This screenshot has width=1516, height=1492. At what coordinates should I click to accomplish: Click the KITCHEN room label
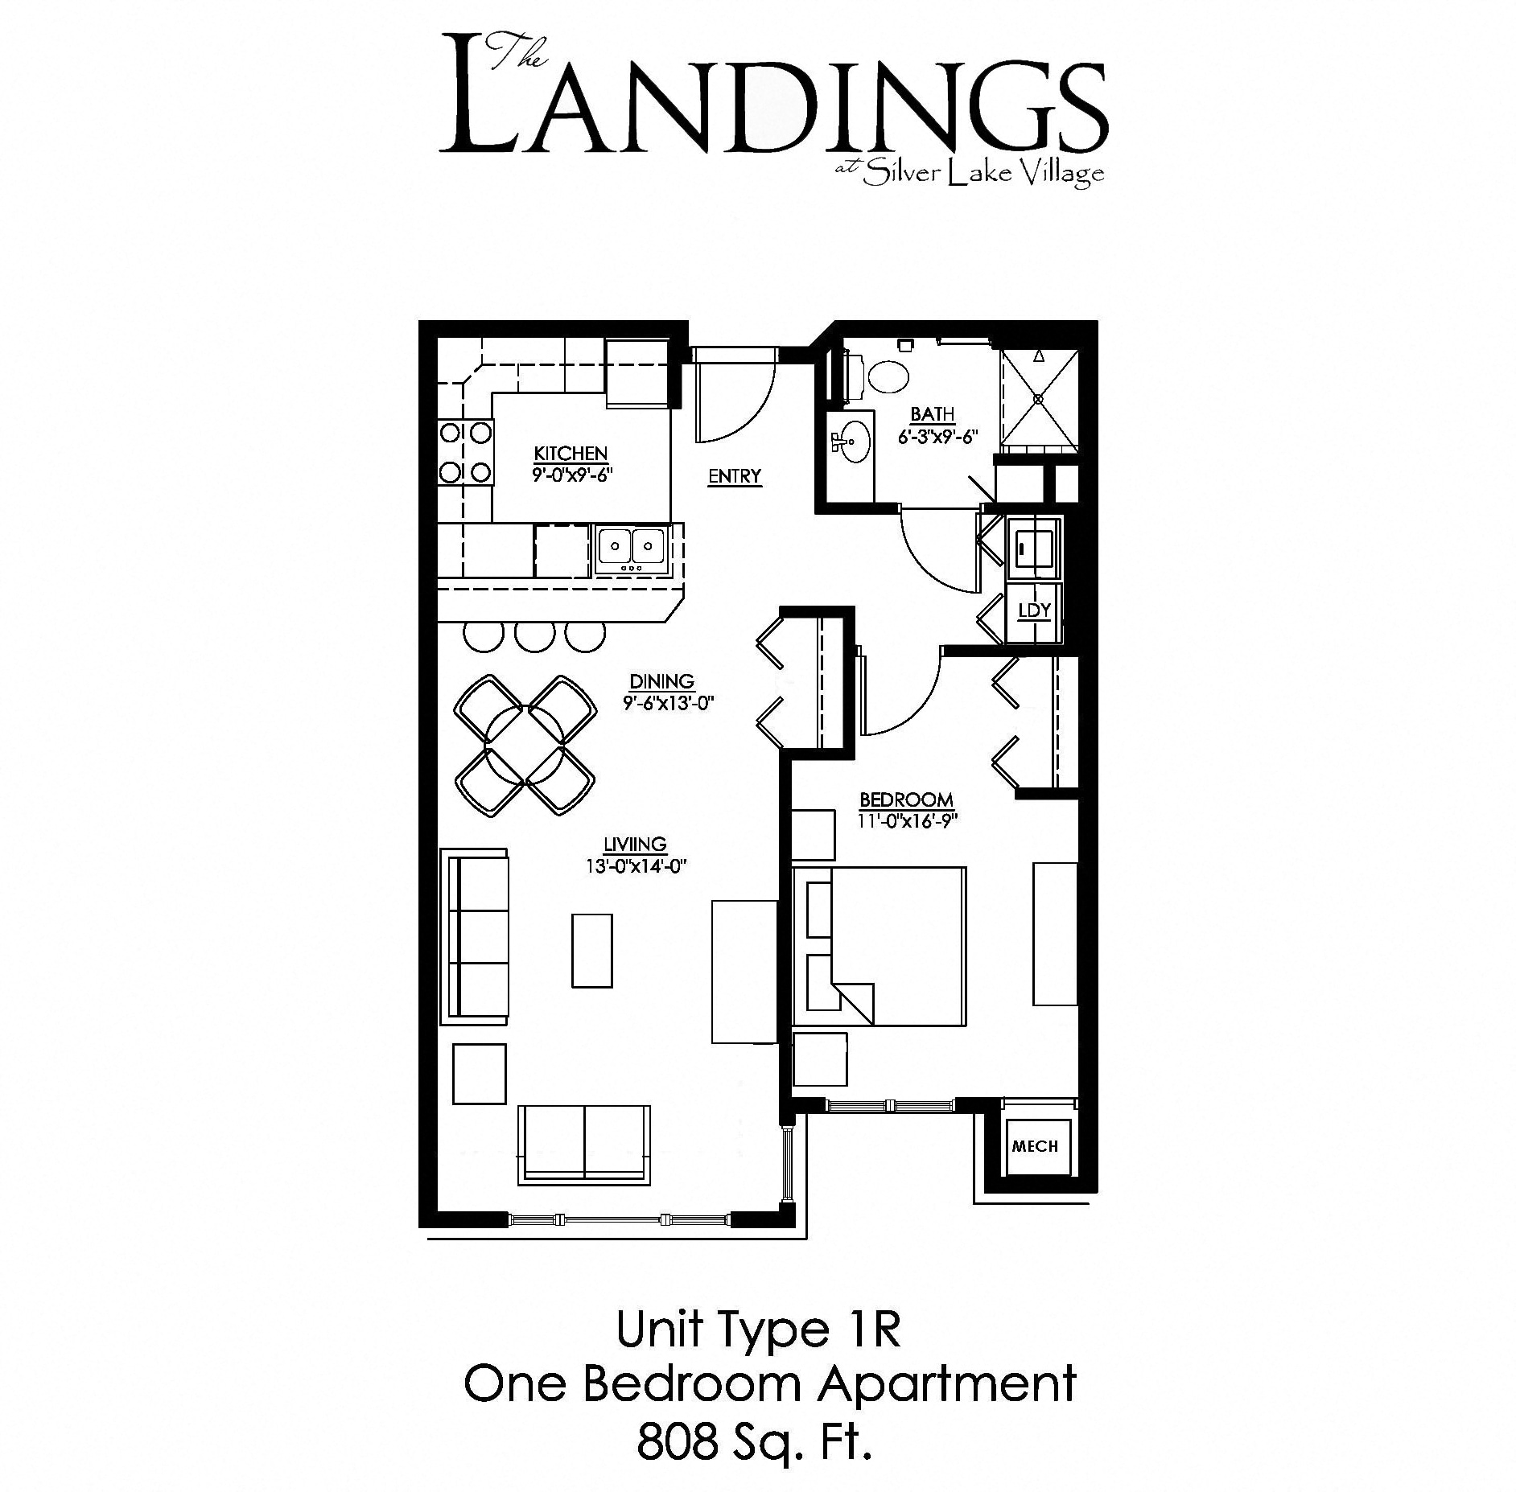click(571, 453)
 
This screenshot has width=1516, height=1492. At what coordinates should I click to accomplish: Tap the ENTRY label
click(734, 476)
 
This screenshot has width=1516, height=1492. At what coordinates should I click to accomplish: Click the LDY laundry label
click(1034, 610)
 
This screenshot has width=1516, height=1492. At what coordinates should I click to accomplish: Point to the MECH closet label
click(1035, 1146)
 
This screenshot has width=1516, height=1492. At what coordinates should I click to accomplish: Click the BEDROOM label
click(906, 800)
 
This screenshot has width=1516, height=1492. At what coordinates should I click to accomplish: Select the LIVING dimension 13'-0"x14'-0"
click(636, 867)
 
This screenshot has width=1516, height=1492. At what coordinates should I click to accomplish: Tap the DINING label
click(661, 682)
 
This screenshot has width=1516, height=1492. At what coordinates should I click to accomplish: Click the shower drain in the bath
click(1039, 398)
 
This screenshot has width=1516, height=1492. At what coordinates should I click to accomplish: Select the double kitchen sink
click(631, 546)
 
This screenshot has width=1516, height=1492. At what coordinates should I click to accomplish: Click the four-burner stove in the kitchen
click(465, 453)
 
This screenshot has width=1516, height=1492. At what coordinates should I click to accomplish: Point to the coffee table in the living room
click(591, 950)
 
